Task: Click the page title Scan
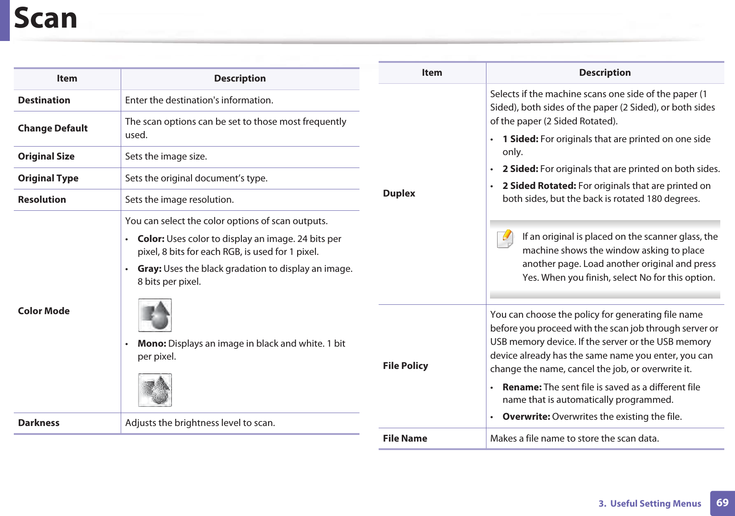pos(45,19)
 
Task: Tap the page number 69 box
pos(722,503)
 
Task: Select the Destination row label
pos(44,100)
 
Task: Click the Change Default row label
pos(53,128)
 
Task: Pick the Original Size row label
pos(46,156)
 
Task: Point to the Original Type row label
pos(48,178)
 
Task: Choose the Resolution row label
pos(42,200)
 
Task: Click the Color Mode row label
pos(44,311)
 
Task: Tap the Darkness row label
pos(39,423)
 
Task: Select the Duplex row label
pos(399,193)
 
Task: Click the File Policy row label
pos(405,366)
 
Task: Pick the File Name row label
pos(405,438)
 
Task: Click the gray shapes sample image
pos(155,315)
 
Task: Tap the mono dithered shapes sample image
pos(155,390)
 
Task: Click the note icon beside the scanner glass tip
pos(505,239)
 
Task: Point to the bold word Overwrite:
pos(526,417)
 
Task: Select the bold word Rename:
pos(522,387)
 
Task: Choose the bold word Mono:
pos(152,344)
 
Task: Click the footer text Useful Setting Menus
pos(656,504)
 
